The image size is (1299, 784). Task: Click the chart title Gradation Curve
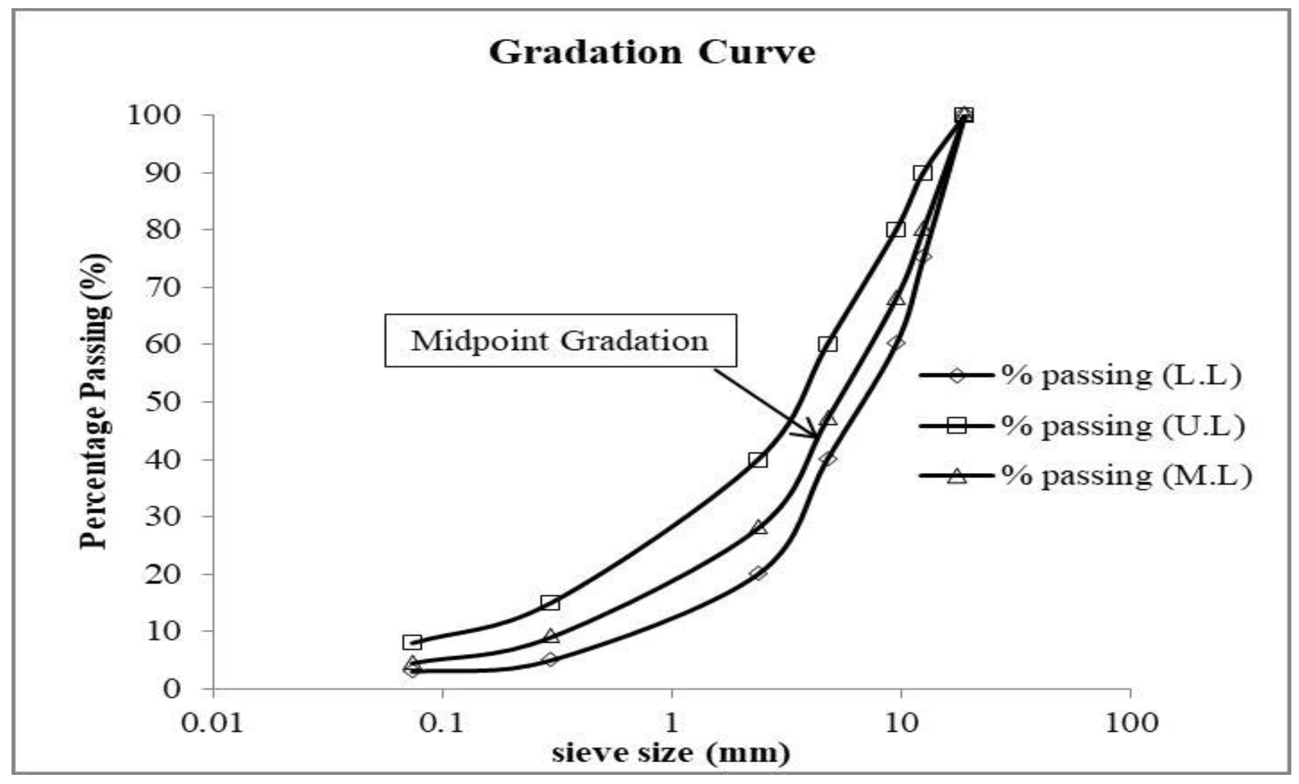pyautogui.click(x=651, y=53)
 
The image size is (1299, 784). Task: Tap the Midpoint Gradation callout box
pyautogui.click(x=560, y=340)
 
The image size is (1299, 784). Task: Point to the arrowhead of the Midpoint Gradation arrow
pyautogui.click(x=815, y=436)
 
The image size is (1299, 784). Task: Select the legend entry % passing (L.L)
pyautogui.click(x=1121, y=375)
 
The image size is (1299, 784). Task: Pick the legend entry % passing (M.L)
pyautogui.click(x=1126, y=476)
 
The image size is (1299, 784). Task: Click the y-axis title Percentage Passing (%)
pyautogui.click(x=95, y=402)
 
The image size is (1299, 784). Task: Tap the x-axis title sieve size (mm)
pyautogui.click(x=671, y=753)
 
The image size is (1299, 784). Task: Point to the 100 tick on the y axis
pyautogui.click(x=154, y=115)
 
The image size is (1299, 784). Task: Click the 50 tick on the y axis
pyautogui.click(x=161, y=402)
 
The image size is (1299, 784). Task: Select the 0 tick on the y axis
pyautogui.click(x=172, y=688)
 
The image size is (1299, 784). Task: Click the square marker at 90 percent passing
pyautogui.click(x=923, y=172)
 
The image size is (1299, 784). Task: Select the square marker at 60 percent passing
pyautogui.click(x=828, y=344)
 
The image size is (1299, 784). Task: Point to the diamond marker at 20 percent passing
pyautogui.click(x=758, y=573)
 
